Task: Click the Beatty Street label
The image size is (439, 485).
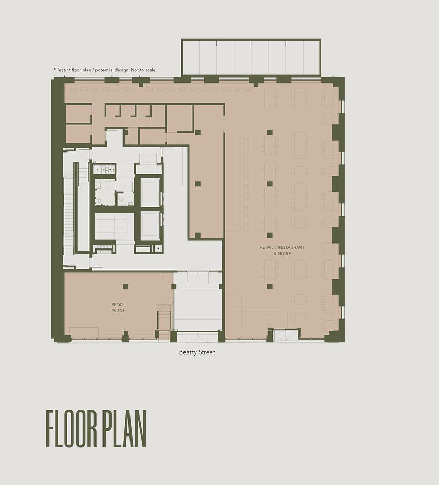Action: (197, 352)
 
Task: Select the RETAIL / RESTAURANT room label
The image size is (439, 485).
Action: (282, 247)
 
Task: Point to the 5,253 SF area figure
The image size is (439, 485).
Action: (282, 254)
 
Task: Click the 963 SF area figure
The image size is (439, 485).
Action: (118, 310)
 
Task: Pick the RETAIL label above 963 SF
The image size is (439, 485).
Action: (118, 304)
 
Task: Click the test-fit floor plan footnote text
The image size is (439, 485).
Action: (105, 70)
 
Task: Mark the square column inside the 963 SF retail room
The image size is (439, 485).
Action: (125, 287)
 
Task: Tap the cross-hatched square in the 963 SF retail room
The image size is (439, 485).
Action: (164, 308)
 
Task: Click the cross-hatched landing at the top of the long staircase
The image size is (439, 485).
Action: (68, 175)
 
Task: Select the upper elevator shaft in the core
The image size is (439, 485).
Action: (150, 192)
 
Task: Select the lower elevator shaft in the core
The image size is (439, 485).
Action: (150, 226)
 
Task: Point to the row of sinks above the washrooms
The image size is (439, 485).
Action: (105, 169)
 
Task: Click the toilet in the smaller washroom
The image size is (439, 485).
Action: (120, 199)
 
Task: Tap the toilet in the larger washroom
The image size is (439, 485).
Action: (99, 200)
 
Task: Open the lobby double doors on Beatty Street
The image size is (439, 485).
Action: (197, 336)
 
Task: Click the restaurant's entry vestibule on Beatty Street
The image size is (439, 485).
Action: (286, 335)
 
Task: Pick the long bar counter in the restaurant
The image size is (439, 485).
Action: (242, 182)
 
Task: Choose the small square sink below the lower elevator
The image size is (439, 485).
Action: (159, 248)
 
